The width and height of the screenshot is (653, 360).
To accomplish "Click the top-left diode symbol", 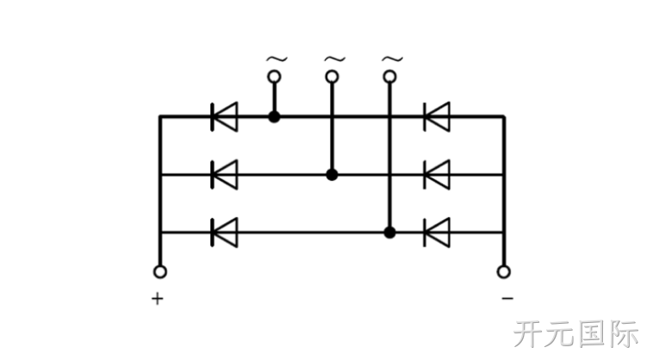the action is click(225, 117).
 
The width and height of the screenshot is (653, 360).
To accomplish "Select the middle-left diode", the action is click(225, 175).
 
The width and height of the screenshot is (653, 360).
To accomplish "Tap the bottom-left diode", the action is click(225, 233).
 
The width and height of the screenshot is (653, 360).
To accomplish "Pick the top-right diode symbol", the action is click(437, 117).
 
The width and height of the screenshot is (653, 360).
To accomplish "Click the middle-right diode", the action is click(437, 175).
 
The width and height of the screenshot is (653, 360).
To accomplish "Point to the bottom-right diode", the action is click(437, 233).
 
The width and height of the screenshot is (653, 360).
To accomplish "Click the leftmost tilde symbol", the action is click(277, 59).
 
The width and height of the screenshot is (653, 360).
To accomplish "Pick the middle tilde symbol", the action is click(335, 59).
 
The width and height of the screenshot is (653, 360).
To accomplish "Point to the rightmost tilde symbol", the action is click(392, 59).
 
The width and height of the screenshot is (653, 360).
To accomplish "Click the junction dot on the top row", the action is click(274, 117).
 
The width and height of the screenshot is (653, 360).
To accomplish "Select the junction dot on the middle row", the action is click(332, 175).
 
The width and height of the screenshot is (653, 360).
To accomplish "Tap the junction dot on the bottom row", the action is click(389, 233).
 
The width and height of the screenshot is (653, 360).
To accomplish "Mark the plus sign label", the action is click(158, 298).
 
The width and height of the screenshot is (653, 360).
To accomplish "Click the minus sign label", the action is click(507, 298).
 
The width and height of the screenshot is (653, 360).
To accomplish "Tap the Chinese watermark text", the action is click(576, 334).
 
